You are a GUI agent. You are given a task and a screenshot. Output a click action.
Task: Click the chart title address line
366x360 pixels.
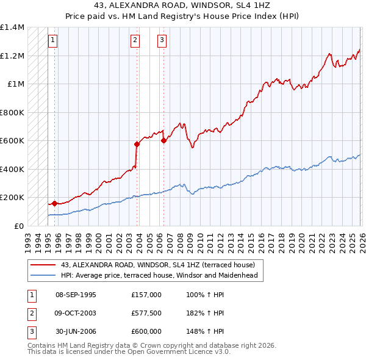coord(183,5)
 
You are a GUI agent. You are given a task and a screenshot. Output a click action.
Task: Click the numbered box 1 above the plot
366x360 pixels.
coord(53,41)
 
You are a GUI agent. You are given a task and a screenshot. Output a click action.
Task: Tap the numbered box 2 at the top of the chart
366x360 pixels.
coord(135,41)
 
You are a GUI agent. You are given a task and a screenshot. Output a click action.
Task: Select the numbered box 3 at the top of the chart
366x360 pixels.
coord(162,41)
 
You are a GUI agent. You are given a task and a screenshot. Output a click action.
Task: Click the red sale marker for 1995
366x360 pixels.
coord(55,203)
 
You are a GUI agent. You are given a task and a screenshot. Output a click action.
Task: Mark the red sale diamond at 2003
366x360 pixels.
coord(137,144)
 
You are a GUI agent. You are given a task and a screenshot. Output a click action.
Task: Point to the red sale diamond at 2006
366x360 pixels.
coord(163,141)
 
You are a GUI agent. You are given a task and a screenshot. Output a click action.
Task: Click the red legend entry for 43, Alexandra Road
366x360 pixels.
coord(162,265)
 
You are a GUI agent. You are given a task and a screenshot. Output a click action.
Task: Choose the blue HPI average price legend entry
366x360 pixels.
coord(159,275)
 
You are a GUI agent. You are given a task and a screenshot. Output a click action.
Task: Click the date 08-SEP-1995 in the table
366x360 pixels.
coord(76,295)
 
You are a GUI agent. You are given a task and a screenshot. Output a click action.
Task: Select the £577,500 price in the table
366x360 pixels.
coord(146,313)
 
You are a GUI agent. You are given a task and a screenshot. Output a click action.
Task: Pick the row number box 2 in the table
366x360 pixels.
coord(31,313)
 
